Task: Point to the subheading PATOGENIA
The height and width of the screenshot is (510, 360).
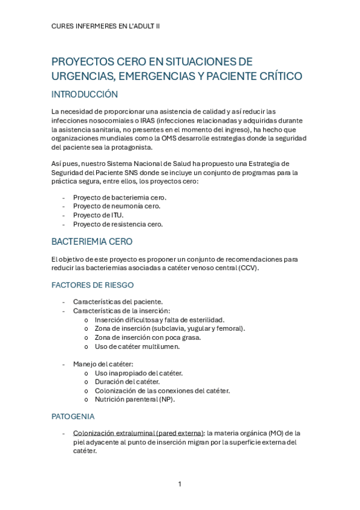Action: (x=73, y=416)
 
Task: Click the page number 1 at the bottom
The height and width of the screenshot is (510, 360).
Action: (x=179, y=484)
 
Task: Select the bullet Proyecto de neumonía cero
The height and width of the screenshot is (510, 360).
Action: (x=117, y=206)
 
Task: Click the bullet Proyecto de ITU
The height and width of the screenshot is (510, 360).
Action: (x=98, y=215)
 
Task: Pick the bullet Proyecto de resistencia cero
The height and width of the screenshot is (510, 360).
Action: (x=118, y=224)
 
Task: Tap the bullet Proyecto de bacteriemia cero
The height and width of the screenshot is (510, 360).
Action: (x=120, y=197)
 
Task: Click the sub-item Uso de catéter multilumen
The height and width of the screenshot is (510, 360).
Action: (x=137, y=346)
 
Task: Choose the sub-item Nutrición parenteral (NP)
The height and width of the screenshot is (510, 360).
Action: (x=135, y=399)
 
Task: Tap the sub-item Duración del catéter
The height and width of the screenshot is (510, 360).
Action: (x=127, y=382)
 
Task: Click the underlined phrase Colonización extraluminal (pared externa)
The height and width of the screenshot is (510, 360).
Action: (x=138, y=433)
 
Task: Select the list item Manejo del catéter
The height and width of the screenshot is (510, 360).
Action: (x=103, y=364)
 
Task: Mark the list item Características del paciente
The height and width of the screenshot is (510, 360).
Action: (x=118, y=302)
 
